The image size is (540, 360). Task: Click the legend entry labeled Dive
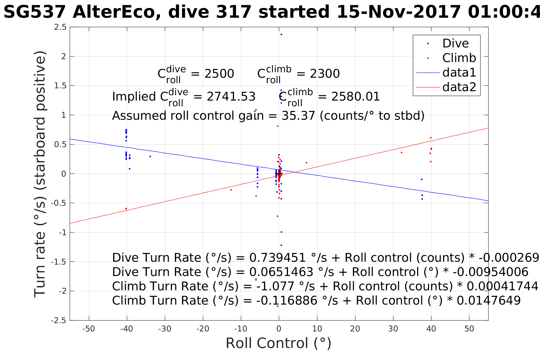455,44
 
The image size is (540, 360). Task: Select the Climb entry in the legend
459,58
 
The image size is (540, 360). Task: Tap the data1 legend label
459,73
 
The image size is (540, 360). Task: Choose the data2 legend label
459,87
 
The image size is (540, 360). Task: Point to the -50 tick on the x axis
89,329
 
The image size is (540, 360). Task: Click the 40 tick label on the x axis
431,329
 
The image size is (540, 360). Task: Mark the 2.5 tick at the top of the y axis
60,27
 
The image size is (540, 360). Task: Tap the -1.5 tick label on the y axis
59,262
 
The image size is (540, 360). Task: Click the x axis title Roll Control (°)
279,343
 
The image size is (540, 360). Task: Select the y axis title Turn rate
40,174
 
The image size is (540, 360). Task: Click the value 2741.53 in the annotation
231,97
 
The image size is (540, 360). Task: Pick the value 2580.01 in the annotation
355,97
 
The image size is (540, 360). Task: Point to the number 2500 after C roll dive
219,74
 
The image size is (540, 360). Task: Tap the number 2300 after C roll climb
325,74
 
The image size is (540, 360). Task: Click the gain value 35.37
298,116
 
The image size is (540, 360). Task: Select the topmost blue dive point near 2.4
281,35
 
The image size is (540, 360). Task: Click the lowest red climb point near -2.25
277,306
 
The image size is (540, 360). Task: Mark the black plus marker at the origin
279,174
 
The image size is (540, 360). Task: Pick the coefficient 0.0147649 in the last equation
489,301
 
